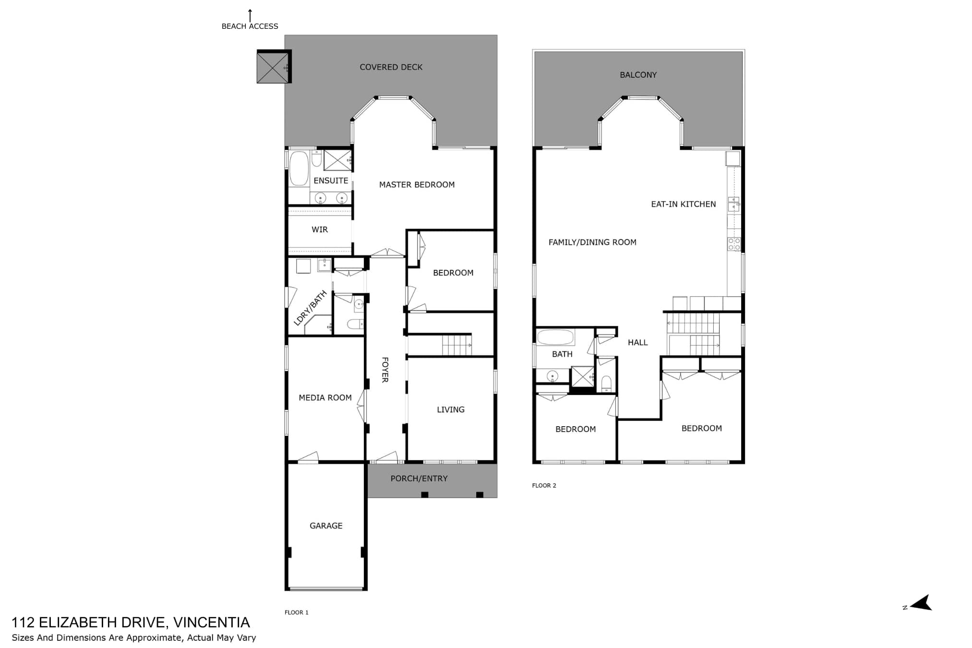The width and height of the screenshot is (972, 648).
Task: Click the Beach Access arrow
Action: pos(250,15)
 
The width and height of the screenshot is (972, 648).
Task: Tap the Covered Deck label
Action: pos(391,67)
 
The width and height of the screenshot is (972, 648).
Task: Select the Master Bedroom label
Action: pos(417,185)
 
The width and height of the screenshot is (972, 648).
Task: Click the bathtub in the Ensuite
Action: pos(299,168)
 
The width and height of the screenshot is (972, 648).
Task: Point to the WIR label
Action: pos(320,229)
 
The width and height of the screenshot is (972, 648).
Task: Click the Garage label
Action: pos(326,526)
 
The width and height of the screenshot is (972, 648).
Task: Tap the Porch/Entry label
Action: pos(419,479)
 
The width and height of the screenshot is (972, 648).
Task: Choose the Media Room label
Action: pos(325,397)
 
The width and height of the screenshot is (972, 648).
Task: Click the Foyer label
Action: pos(385,370)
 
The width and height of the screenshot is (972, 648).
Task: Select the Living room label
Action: pos(451,409)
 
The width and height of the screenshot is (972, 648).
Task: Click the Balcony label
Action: pos(638,75)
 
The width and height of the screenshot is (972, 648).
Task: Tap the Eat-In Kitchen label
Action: pos(684,204)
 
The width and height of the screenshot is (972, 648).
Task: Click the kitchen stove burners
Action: pos(734,244)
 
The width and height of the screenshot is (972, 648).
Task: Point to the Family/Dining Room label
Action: pos(592,242)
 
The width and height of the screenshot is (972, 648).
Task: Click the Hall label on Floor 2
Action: pos(638,342)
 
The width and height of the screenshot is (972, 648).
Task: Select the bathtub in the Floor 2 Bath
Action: pos(555,337)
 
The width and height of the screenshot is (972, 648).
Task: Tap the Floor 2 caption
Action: pos(544,485)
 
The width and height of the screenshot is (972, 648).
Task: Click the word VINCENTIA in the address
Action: pos(211,623)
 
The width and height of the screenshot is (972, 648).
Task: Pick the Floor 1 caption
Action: pos(297,612)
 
